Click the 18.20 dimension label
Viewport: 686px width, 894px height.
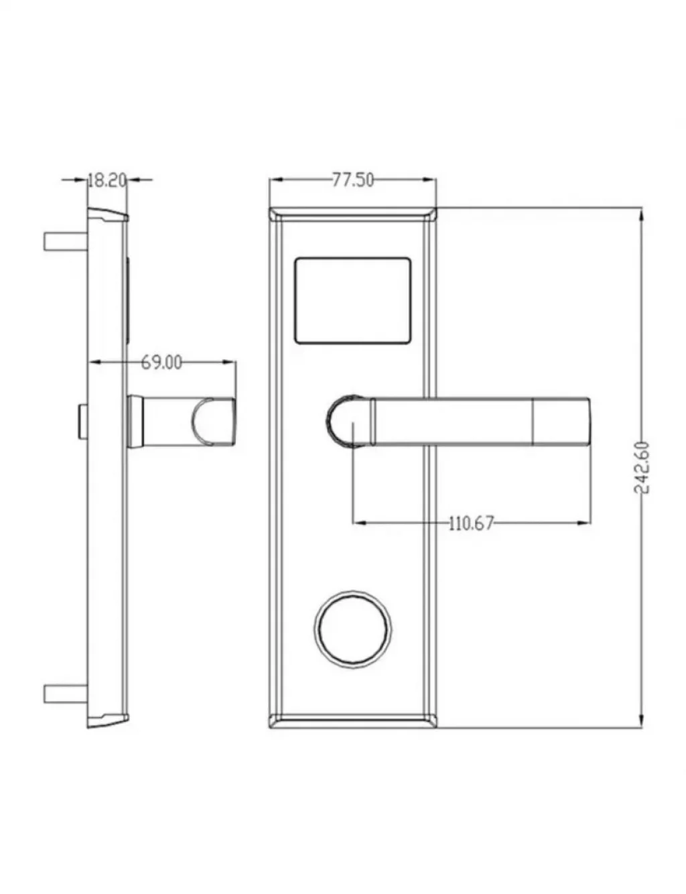[x=107, y=181]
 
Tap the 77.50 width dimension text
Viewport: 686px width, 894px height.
[x=353, y=180]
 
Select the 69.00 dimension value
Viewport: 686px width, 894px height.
[x=161, y=363]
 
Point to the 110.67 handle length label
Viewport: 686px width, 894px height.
[x=470, y=523]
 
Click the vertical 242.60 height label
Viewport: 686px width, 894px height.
[x=641, y=468]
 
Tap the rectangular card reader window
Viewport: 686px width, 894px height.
[x=353, y=300]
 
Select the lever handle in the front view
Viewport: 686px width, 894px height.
[x=459, y=421]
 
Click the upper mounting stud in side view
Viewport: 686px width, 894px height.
[x=65, y=241]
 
